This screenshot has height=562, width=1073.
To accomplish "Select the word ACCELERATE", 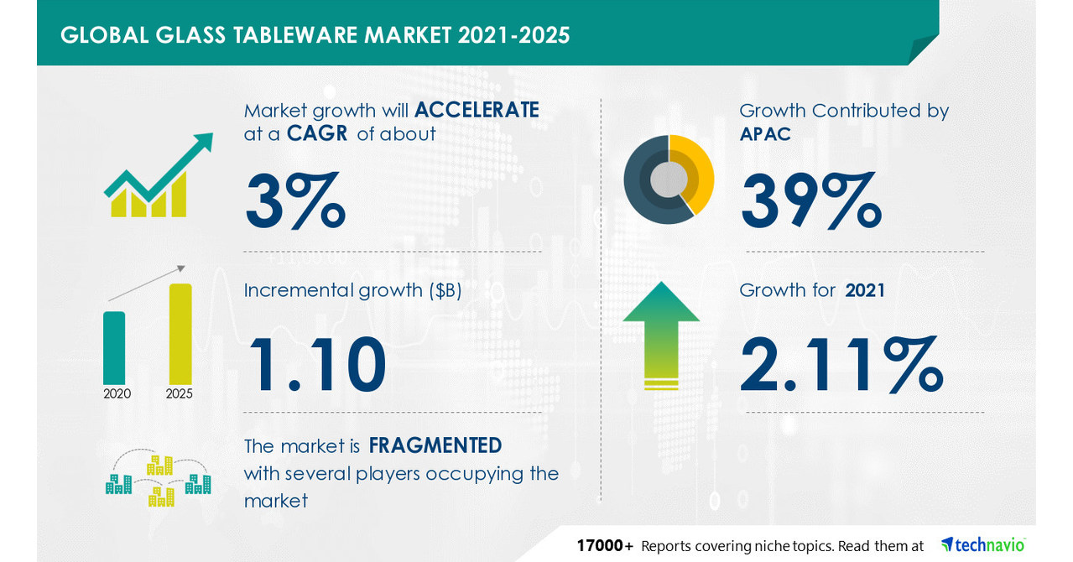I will coord(477,110).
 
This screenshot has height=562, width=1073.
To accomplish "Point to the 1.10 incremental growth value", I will coord(315,363).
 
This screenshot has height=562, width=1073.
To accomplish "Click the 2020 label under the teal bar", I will coord(117,393).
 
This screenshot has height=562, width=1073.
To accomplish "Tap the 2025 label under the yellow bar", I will coord(180,393).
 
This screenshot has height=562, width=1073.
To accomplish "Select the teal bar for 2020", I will coord(114,347).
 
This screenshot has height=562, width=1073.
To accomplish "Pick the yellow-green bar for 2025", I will coord(180,334).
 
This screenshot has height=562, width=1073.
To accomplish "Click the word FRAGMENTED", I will coord(435,445).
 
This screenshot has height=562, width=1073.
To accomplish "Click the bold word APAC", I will coord(765,134).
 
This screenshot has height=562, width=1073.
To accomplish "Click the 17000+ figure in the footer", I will coord(605,545).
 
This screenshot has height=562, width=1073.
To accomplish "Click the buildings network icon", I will coord(158,479).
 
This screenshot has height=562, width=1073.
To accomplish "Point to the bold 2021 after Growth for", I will coord(865,290).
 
